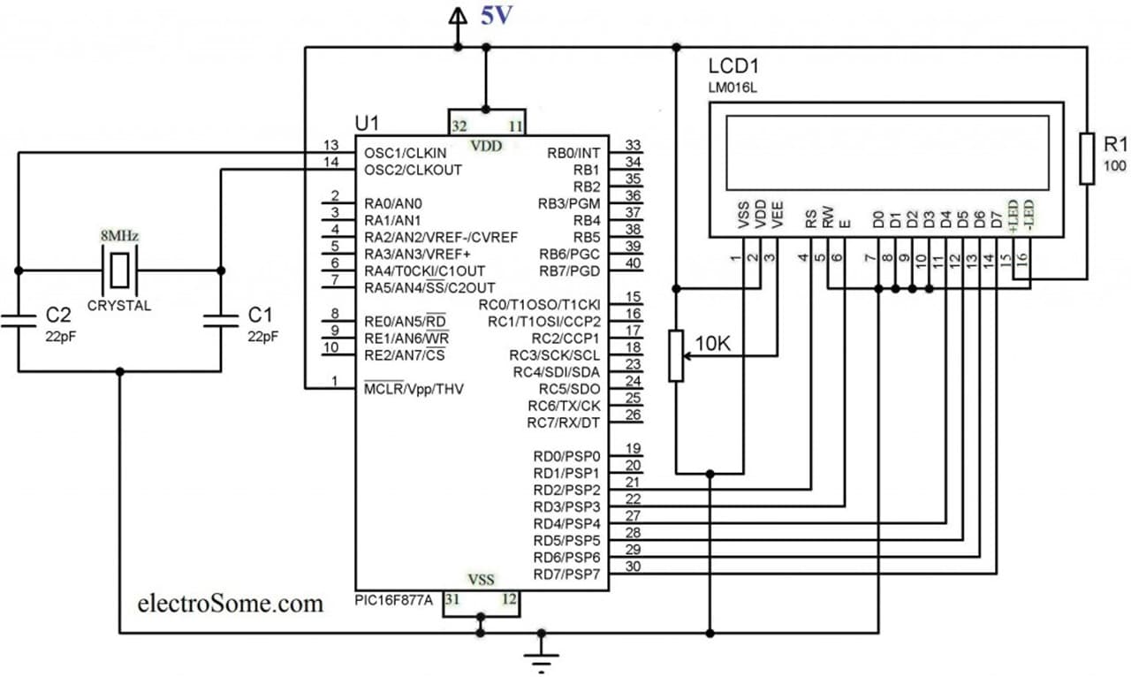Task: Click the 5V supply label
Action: pyautogui.click(x=497, y=16)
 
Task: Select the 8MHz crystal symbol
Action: pyautogui.click(x=119, y=270)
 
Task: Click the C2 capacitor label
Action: pyautogui.click(x=58, y=315)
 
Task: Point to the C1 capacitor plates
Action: pyautogui.click(x=221, y=321)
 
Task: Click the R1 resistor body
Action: pyautogui.click(x=1087, y=158)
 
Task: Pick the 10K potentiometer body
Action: pyautogui.click(x=676, y=355)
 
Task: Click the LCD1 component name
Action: pyautogui.click(x=733, y=66)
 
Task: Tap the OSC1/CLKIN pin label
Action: pyautogui.click(x=406, y=153)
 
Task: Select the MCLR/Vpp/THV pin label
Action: pyautogui.click(x=414, y=389)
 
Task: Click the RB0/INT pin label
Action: pyautogui.click(x=573, y=153)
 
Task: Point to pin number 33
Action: pyautogui.click(x=634, y=145)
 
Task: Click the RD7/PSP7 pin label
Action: pyautogui.click(x=566, y=574)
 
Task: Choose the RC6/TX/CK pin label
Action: pyautogui.click(x=564, y=406)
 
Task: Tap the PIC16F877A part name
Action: pyautogui.click(x=394, y=600)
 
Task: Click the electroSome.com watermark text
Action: pyautogui.click(x=231, y=604)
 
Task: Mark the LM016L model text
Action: pyautogui.click(x=732, y=87)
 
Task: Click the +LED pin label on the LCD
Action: pyautogui.click(x=1013, y=216)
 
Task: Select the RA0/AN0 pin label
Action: pyautogui.click(x=393, y=203)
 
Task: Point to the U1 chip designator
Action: pyautogui.click(x=367, y=123)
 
